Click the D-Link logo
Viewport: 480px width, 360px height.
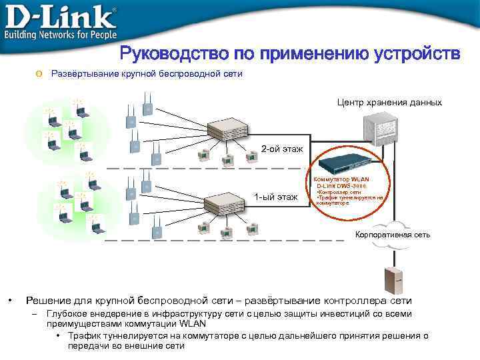point(60,15)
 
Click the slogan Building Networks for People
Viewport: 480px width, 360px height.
point(61,34)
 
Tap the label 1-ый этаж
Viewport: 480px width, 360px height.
point(276,196)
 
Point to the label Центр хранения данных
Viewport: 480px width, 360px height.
point(389,103)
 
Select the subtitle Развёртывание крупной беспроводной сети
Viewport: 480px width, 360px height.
point(147,74)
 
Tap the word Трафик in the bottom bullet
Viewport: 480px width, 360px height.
point(83,336)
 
